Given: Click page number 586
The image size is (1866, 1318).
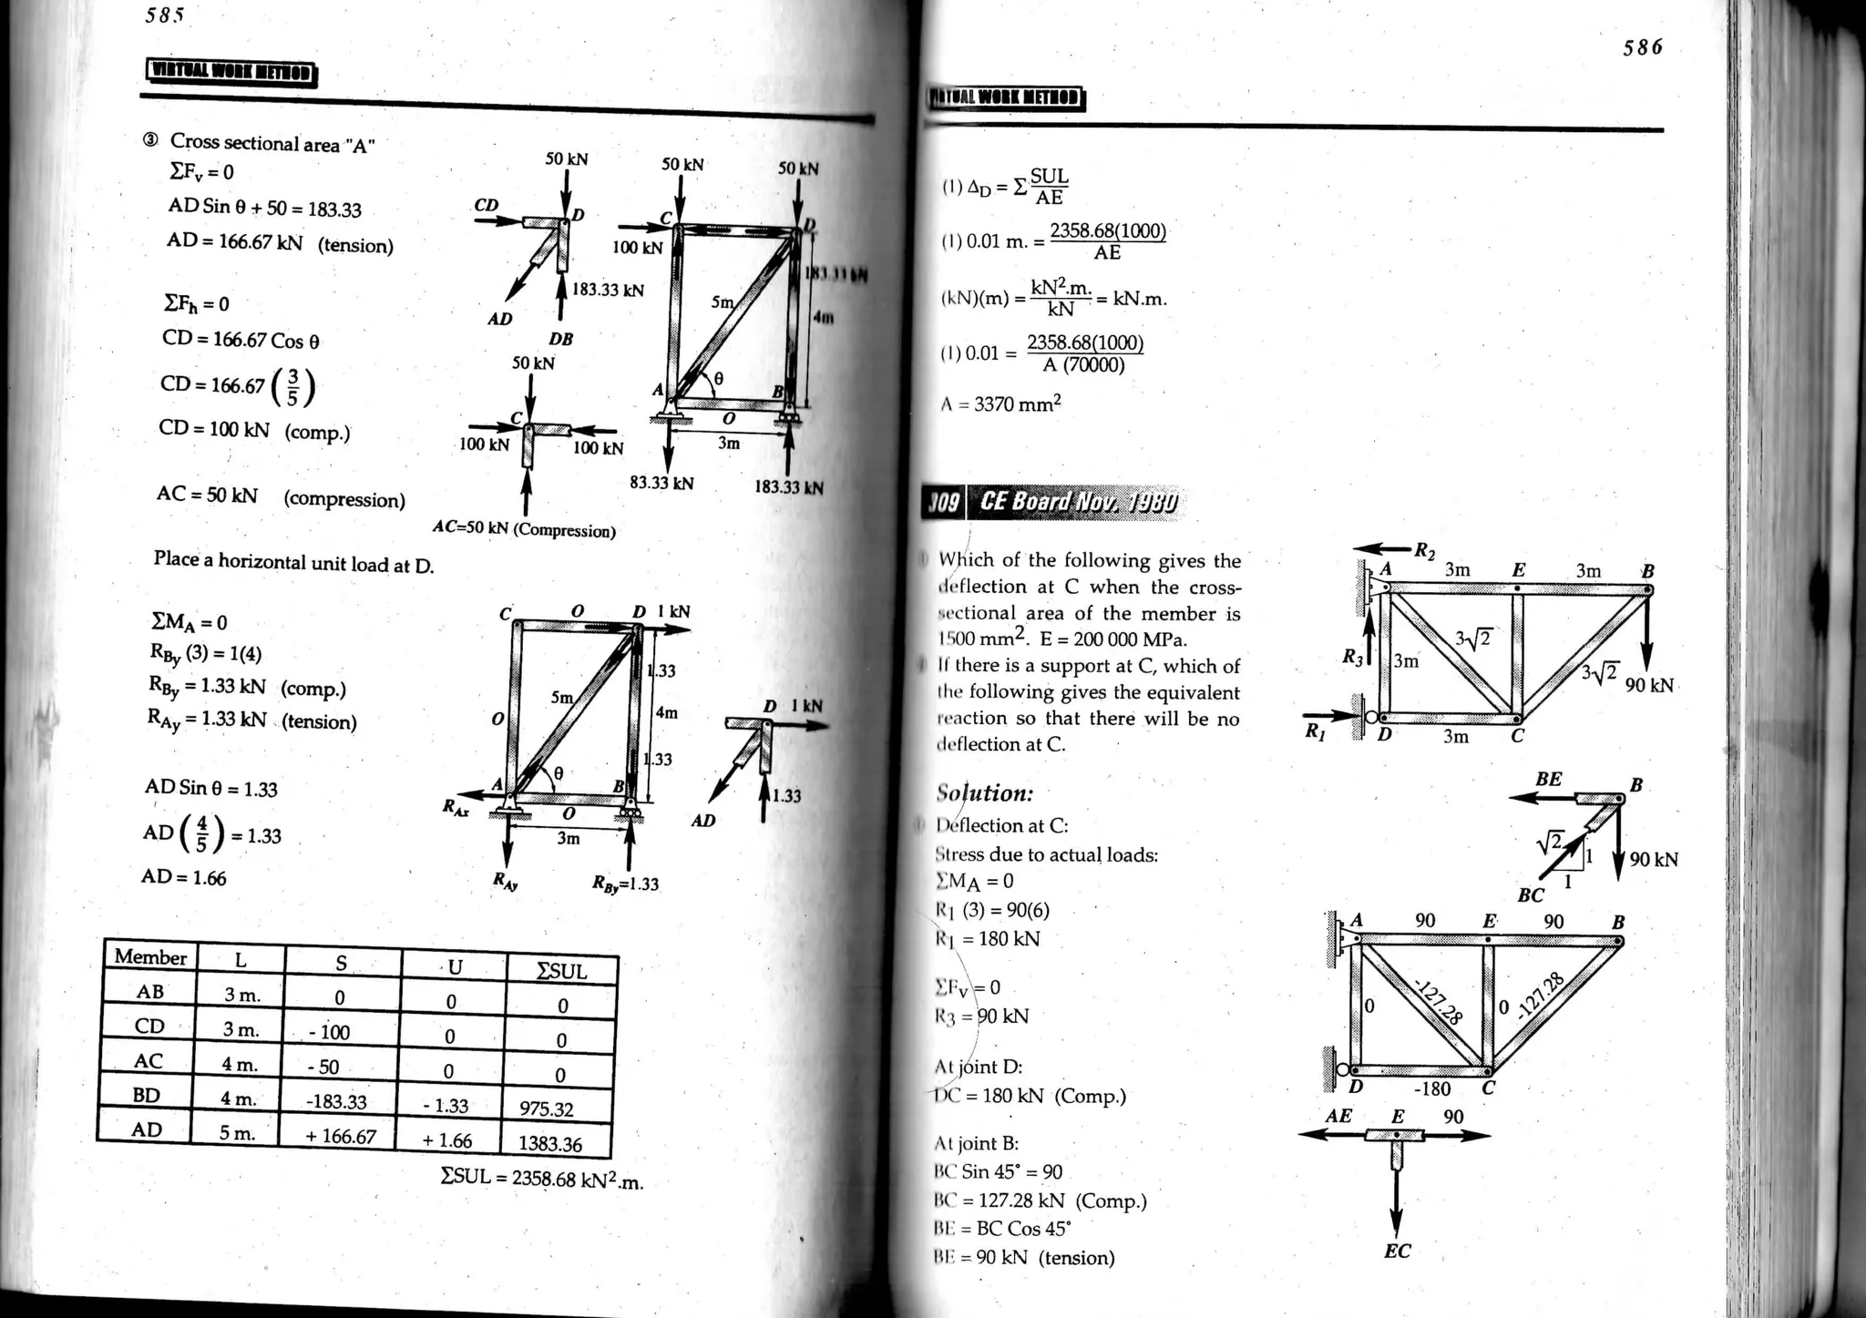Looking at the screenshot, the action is (1642, 47).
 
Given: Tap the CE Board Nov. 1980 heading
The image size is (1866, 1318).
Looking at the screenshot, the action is (1077, 502).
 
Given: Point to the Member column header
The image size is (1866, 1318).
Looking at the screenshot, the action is (150, 956).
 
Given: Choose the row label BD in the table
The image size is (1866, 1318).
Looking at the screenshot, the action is (147, 1096).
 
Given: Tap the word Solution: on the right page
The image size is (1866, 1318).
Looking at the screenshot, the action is (985, 793).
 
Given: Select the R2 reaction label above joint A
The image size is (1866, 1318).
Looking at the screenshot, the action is (1424, 550).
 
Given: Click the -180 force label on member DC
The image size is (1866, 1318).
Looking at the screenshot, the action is (1431, 1088).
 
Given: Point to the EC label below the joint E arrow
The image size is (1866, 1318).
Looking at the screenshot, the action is (1397, 1252).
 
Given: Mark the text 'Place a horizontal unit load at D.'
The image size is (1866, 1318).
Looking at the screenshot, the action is (293, 562).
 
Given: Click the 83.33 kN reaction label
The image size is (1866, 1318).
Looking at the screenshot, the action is (661, 483).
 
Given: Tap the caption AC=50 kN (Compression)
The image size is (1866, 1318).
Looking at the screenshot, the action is (524, 529).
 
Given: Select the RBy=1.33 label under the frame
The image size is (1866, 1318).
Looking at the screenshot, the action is (625, 884).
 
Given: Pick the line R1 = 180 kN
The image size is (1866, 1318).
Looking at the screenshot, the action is (988, 939).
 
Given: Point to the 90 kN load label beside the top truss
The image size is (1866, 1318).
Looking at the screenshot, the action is (1649, 685).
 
